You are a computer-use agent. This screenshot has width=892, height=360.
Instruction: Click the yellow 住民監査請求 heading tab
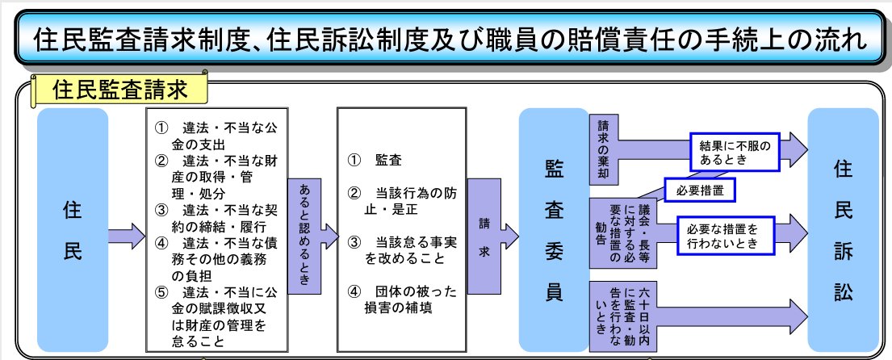coord(119,90)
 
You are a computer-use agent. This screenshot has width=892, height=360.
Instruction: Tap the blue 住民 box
coord(73,230)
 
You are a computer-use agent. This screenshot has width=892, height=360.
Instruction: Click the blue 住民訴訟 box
coord(843,230)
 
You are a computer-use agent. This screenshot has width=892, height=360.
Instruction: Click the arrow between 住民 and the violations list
coord(128,234)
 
